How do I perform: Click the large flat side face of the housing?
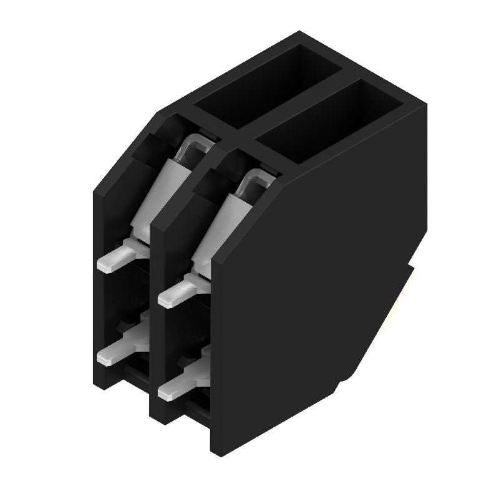pyautogui.click(x=312, y=281)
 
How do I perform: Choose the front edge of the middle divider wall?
pyautogui.click(x=156, y=324)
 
